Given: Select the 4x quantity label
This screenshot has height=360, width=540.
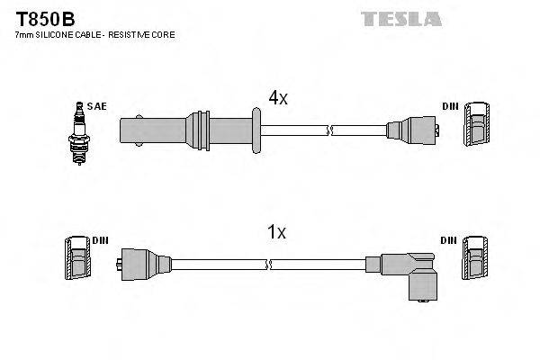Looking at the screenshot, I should click(276, 98).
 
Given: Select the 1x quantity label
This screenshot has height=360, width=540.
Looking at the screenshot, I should click(276, 232).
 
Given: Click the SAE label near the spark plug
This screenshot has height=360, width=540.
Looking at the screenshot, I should click(97, 106).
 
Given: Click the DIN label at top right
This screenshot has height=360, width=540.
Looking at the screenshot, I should click(450, 106).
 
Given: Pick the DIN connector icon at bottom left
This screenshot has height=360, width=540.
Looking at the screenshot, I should click(76, 258).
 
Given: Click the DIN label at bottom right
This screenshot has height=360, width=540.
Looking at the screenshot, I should click(450, 240).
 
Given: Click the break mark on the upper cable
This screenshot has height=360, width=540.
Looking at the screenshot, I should click(330, 130).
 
